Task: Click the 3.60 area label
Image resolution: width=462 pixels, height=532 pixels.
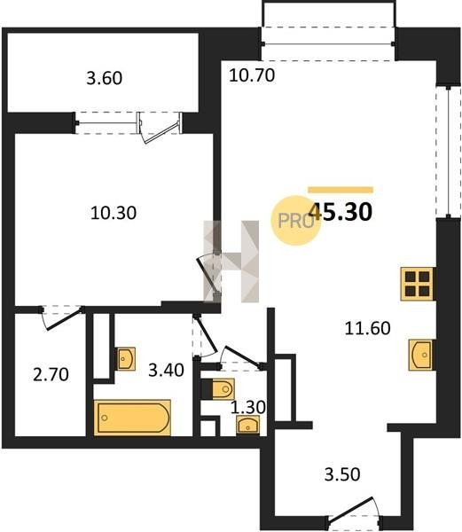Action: [x=104, y=78]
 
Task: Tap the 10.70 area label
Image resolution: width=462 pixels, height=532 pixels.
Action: [x=252, y=75]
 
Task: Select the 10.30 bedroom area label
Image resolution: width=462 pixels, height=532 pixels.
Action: [x=114, y=213]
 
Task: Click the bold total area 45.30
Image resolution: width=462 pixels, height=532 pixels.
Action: [x=341, y=212]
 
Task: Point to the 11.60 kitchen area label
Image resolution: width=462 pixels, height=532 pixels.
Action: [x=367, y=328]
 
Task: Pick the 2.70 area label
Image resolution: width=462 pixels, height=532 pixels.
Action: [x=51, y=374]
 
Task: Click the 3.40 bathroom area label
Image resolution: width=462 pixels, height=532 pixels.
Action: [x=166, y=370]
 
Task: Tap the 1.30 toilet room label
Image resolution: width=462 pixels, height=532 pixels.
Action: [x=248, y=407]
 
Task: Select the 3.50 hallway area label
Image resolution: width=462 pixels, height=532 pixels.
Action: [x=342, y=474]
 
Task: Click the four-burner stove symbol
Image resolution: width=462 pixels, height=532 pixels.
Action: [x=417, y=284]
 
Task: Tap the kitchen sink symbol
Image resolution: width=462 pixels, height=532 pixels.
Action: [x=420, y=355]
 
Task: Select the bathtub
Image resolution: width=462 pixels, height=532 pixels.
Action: [x=132, y=418]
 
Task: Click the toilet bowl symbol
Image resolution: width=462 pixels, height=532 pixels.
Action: [x=219, y=389]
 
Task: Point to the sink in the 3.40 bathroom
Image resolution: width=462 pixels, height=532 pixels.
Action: [x=126, y=358]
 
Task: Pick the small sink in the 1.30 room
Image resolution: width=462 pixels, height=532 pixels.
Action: [x=248, y=425]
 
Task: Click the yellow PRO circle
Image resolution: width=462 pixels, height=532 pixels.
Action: [x=294, y=221]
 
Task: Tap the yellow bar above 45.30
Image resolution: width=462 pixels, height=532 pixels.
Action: [x=341, y=190]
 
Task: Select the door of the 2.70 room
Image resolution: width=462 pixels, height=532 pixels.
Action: [x=62, y=317]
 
